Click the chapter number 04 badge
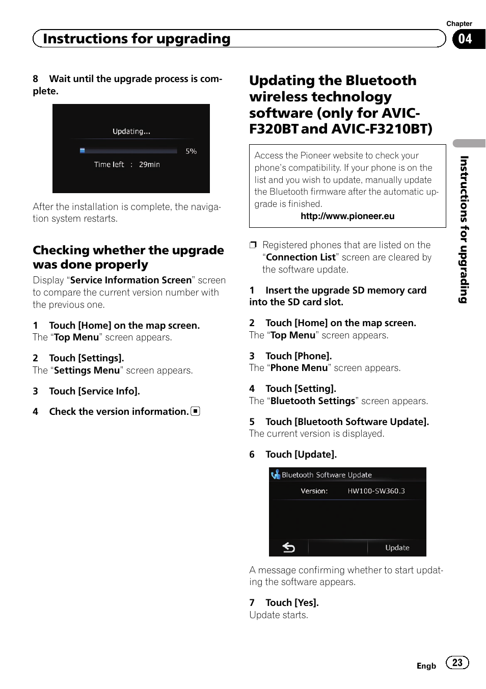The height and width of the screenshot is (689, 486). [465, 39]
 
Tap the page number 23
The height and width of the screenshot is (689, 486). [457, 662]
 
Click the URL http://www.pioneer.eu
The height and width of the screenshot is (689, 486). [347, 216]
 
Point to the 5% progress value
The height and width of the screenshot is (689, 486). [191, 151]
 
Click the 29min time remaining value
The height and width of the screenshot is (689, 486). [149, 165]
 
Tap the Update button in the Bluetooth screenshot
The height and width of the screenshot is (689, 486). [397, 547]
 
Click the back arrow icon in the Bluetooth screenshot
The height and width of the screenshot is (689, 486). [289, 547]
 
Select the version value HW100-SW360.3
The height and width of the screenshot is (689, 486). [376, 491]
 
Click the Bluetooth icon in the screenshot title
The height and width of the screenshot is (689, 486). [276, 475]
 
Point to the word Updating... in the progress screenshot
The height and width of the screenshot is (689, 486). [131, 131]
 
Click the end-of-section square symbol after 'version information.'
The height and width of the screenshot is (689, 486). [196, 411]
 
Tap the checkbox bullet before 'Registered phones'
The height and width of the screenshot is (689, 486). [253, 245]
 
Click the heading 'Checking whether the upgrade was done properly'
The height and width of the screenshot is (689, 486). [128, 257]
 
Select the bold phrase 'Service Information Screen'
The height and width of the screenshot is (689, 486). [131, 280]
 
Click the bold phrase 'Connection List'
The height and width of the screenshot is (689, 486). [301, 257]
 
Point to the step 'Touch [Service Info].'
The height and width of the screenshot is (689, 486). [94, 391]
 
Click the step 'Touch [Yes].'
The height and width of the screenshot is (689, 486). [292, 603]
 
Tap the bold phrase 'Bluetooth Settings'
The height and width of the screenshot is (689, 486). [313, 401]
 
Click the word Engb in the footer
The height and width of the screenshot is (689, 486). [426, 666]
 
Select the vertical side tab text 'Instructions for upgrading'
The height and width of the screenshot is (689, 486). [464, 229]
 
